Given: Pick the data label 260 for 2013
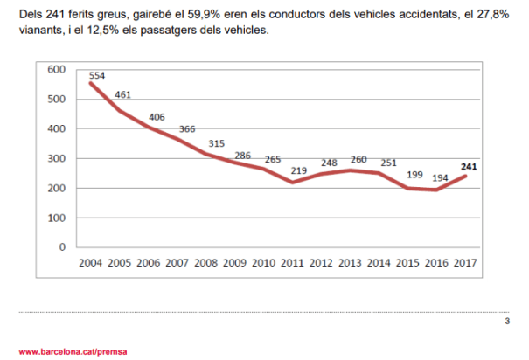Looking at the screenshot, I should [x=359, y=159].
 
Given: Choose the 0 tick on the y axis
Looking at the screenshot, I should [x=62, y=246].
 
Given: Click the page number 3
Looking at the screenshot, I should [x=507, y=322].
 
